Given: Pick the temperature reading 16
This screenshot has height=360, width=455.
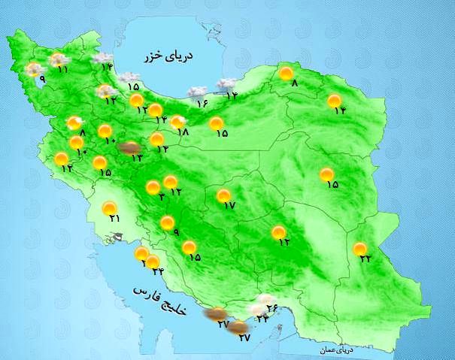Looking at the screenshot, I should (202, 103).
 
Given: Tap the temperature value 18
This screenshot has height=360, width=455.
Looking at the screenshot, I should (183, 132).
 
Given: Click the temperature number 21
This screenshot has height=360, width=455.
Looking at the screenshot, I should (114, 219).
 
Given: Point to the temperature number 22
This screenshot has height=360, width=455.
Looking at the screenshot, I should (366, 259).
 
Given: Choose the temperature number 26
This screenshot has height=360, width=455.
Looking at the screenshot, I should (272, 307).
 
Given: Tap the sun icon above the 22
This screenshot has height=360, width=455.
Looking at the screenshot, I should (360, 248).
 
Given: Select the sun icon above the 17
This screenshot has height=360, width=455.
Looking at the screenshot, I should (223, 195).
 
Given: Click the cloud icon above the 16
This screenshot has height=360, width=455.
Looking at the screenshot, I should (197, 92).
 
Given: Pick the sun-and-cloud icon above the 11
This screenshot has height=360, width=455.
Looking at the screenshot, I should (57, 59).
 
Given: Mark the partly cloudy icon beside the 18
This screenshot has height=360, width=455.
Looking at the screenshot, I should (177, 121).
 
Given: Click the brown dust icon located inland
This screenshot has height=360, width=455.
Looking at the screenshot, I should (129, 147).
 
